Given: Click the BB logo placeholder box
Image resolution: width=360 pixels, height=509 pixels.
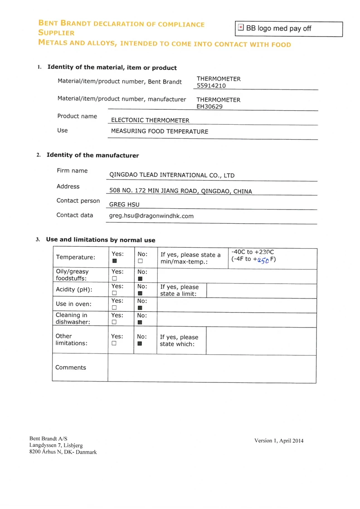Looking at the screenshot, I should tap(289, 29).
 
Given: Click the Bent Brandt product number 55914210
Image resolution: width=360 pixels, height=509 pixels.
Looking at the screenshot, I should tap(211, 85).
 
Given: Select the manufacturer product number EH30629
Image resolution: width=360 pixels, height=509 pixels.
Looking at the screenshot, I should tap(209, 107).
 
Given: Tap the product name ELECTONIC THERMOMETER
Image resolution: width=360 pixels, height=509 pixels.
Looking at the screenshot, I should tap(150, 120).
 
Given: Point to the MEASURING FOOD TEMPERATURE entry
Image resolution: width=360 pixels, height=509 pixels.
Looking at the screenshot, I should tap(160, 132).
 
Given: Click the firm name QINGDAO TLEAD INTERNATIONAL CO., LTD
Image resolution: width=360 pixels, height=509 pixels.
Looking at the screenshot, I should tap(172, 176).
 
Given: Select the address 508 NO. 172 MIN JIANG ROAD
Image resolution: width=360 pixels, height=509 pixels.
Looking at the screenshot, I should tap(180, 191).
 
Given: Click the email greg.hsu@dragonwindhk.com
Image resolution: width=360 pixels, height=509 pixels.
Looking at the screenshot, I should tap(151, 216).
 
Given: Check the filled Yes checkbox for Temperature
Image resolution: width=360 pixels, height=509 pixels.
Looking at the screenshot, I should tap(115, 261).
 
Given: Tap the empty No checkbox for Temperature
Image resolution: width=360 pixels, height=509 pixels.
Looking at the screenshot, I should tap(140, 261).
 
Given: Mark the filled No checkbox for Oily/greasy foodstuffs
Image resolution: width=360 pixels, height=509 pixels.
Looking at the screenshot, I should tap(140, 279).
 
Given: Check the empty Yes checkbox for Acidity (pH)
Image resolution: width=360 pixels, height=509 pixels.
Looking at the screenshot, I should tap(115, 294).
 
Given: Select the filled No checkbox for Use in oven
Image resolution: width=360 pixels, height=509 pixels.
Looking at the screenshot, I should tap(140, 308).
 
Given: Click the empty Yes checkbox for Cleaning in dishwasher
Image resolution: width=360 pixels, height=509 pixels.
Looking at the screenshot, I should tap(115, 322).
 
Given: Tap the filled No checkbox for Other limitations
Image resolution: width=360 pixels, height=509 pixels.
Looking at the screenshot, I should tap(140, 343).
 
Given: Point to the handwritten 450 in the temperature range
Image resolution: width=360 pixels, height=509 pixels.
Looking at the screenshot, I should tap(263, 260).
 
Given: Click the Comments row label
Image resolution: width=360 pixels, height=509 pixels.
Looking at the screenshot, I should tap(70, 367).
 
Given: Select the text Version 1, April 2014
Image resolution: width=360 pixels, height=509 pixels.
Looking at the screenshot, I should tap(279, 440).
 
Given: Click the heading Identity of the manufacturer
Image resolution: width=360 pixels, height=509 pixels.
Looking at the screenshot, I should tap(93, 155).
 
